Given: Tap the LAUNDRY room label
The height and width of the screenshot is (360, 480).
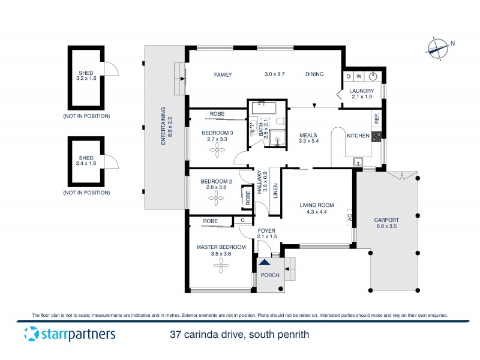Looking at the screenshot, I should click(362, 91).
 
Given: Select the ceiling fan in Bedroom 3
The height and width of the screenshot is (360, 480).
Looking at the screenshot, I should click(214, 151).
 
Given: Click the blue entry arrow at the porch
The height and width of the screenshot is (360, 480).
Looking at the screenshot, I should click(264, 262).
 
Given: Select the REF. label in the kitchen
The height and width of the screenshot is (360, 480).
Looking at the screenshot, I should click(377, 119).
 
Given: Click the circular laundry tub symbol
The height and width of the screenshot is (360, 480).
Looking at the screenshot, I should click(373, 76).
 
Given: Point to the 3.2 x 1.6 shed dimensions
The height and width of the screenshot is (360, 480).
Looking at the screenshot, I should click(86, 78).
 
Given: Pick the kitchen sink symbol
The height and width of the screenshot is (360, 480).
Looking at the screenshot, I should click(358, 161).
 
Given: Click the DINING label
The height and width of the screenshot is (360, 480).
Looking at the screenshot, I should click(314, 74).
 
